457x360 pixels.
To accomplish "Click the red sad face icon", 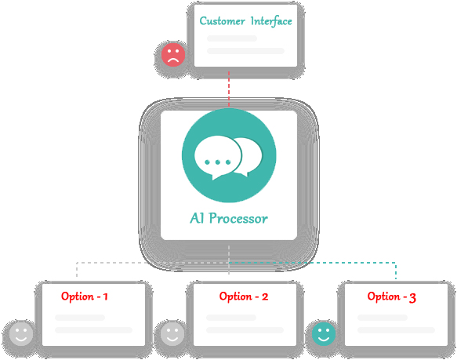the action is point(173,55).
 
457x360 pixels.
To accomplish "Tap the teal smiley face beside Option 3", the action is point(324,334).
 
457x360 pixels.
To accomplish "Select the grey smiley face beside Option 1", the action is point(21,334).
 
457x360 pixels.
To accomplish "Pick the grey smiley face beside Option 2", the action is point(172,334).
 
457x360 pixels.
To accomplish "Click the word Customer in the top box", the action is point(222,21).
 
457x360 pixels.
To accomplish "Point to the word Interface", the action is point(271,21).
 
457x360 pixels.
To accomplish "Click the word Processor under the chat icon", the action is point(238,219).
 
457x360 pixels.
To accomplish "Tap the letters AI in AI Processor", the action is point(197,218).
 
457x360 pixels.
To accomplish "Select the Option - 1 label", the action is point(85,296).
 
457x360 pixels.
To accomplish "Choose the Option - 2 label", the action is point(244,296).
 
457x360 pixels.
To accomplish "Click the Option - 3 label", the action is point(392,297).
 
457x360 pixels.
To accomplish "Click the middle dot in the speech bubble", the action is point(217,162).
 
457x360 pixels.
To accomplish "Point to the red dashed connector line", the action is point(229,89).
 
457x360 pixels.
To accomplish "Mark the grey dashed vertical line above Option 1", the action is point(77,270).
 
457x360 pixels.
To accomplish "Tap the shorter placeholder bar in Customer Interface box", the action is point(232,38).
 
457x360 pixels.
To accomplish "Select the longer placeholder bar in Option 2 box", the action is point(245,330).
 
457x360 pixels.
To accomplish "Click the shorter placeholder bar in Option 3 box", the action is point(383,318).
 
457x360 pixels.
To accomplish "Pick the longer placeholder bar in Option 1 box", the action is point(93,330).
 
